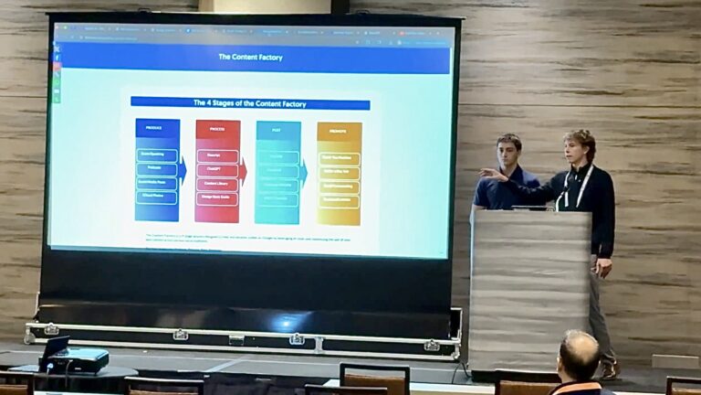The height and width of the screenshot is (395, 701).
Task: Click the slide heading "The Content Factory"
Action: click(x=250, y=57)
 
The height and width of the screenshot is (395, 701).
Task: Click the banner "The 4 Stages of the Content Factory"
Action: click(x=250, y=102)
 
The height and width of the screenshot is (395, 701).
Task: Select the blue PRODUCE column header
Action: click(x=157, y=128)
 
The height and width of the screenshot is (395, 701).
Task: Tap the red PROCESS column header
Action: click(x=217, y=129)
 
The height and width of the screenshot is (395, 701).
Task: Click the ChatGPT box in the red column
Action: click(x=217, y=170)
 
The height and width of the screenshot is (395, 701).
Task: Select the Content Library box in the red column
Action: click(x=217, y=184)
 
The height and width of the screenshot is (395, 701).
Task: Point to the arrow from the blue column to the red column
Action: click(x=183, y=169)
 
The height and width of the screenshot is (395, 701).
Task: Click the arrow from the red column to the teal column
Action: click(x=244, y=170)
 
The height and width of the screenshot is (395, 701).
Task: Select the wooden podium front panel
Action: click(x=529, y=288)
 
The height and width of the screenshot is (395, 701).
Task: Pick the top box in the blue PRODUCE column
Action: click(x=157, y=155)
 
